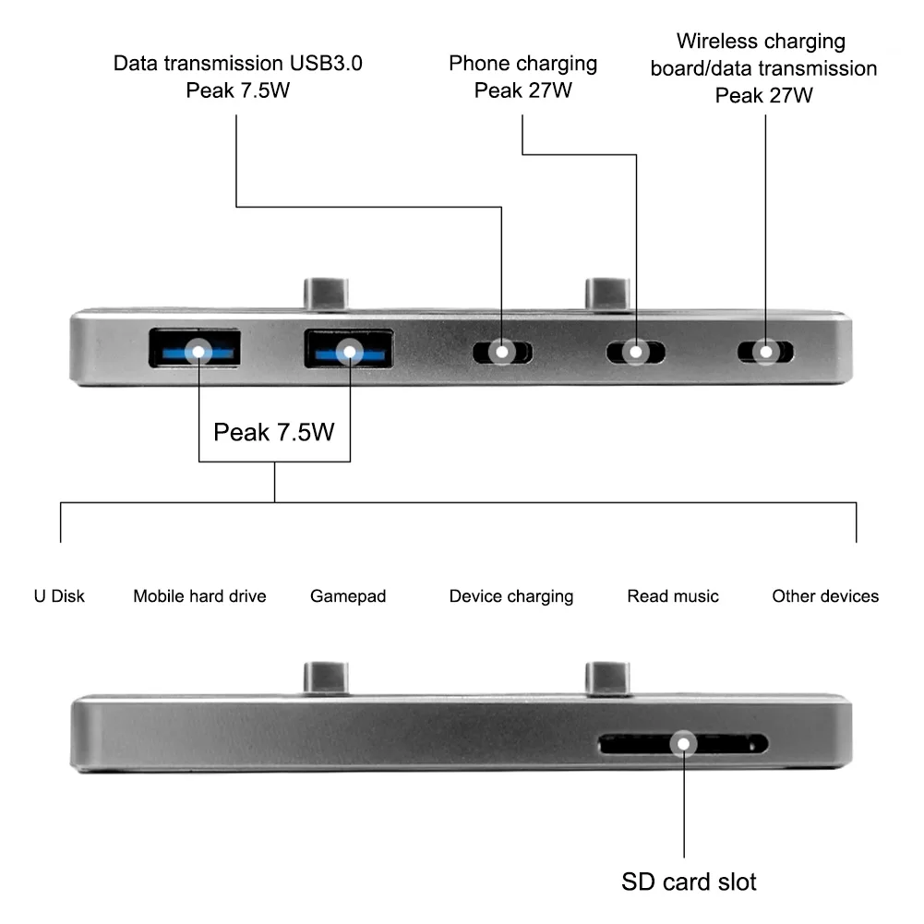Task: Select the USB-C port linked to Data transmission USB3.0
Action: click(x=501, y=352)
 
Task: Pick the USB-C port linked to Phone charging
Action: click(x=635, y=352)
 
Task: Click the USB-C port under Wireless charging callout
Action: click(x=765, y=352)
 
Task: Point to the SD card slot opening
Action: click(x=683, y=743)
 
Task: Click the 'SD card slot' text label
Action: click(x=689, y=882)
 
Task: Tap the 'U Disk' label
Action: click(x=59, y=596)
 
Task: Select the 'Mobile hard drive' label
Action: click(x=199, y=596)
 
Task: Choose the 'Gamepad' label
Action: click(x=348, y=596)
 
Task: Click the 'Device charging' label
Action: click(x=511, y=596)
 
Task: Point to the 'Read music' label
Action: click(x=673, y=596)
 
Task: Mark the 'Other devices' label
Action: click(x=825, y=596)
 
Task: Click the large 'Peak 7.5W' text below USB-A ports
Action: click(x=274, y=432)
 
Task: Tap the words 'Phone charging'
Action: click(x=523, y=64)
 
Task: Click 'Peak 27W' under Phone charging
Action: click(x=523, y=90)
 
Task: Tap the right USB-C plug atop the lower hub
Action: click(x=606, y=678)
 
